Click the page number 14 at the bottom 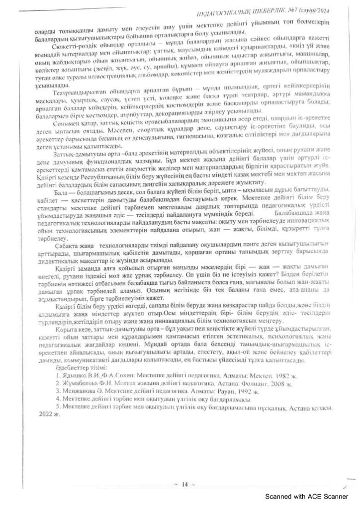coord(184,485)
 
